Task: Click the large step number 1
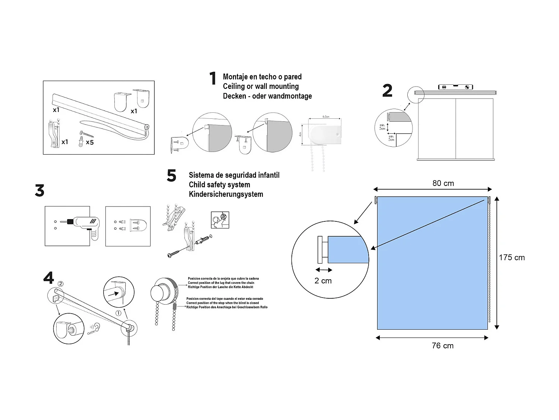213,78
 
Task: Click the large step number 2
387,91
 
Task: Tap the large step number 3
40,191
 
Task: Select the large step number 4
48,278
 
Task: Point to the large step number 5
171,175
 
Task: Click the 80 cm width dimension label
443,183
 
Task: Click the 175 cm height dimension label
512,258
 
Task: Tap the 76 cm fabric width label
443,346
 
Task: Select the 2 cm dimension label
323,281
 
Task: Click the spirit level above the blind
455,87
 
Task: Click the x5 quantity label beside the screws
90,142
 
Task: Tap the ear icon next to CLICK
97,327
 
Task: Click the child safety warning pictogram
220,220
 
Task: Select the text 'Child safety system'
219,185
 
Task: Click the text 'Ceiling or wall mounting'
260,86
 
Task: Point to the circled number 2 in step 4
60,284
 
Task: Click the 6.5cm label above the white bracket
325,117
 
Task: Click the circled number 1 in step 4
119,313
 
